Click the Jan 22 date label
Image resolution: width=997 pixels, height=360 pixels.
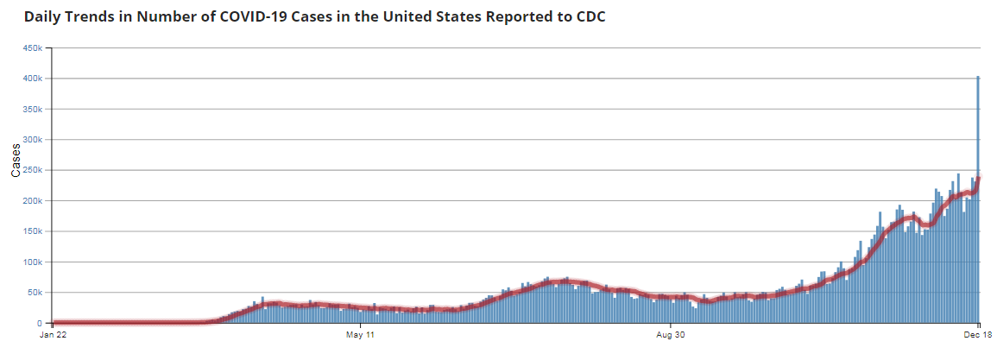[54, 333]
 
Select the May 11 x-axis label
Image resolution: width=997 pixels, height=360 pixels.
[359, 333]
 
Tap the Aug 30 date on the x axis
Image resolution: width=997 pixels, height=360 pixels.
[670, 333]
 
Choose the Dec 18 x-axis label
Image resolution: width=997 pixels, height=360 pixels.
[978, 333]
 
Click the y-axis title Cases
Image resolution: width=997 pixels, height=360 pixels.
[16, 161]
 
